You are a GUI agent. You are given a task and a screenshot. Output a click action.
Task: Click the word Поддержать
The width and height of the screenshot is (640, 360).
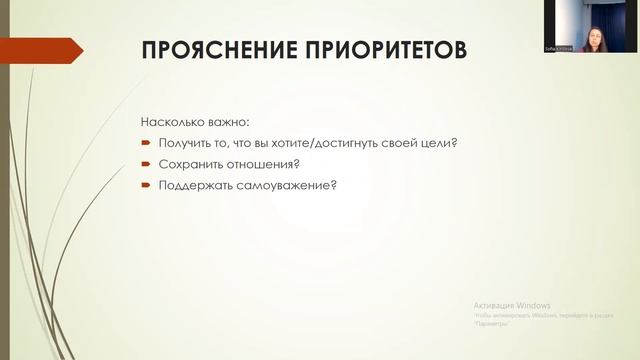tap(194, 185)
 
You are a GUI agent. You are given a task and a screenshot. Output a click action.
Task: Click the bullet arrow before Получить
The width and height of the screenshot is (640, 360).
tap(146, 143)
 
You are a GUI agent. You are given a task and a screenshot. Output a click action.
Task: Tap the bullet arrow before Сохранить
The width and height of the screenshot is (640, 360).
tap(146, 164)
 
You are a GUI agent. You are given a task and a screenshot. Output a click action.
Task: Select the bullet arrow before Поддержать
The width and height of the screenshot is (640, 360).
tap(146, 185)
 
